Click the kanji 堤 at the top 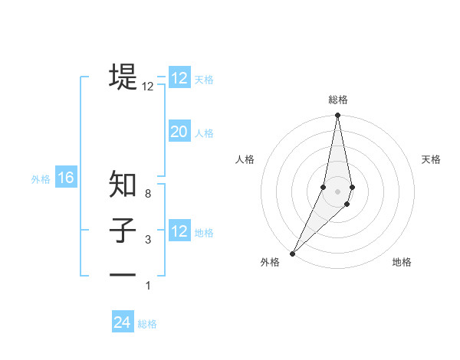[123, 77]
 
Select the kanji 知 [123, 185]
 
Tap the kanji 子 [123, 231]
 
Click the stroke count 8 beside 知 [148, 195]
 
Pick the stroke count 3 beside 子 [148, 241]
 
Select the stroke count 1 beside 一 [148, 286]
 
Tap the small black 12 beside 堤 [148, 87]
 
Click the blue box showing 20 [179, 132]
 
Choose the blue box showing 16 [66, 178]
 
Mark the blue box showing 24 [123, 322]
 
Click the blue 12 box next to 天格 [179, 78]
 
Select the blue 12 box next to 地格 [179, 231]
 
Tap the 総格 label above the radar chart [338, 100]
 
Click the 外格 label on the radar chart [270, 262]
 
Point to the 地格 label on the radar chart [402, 262]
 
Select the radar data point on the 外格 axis [293, 253]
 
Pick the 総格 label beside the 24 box [147, 324]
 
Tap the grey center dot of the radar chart [338, 191]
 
